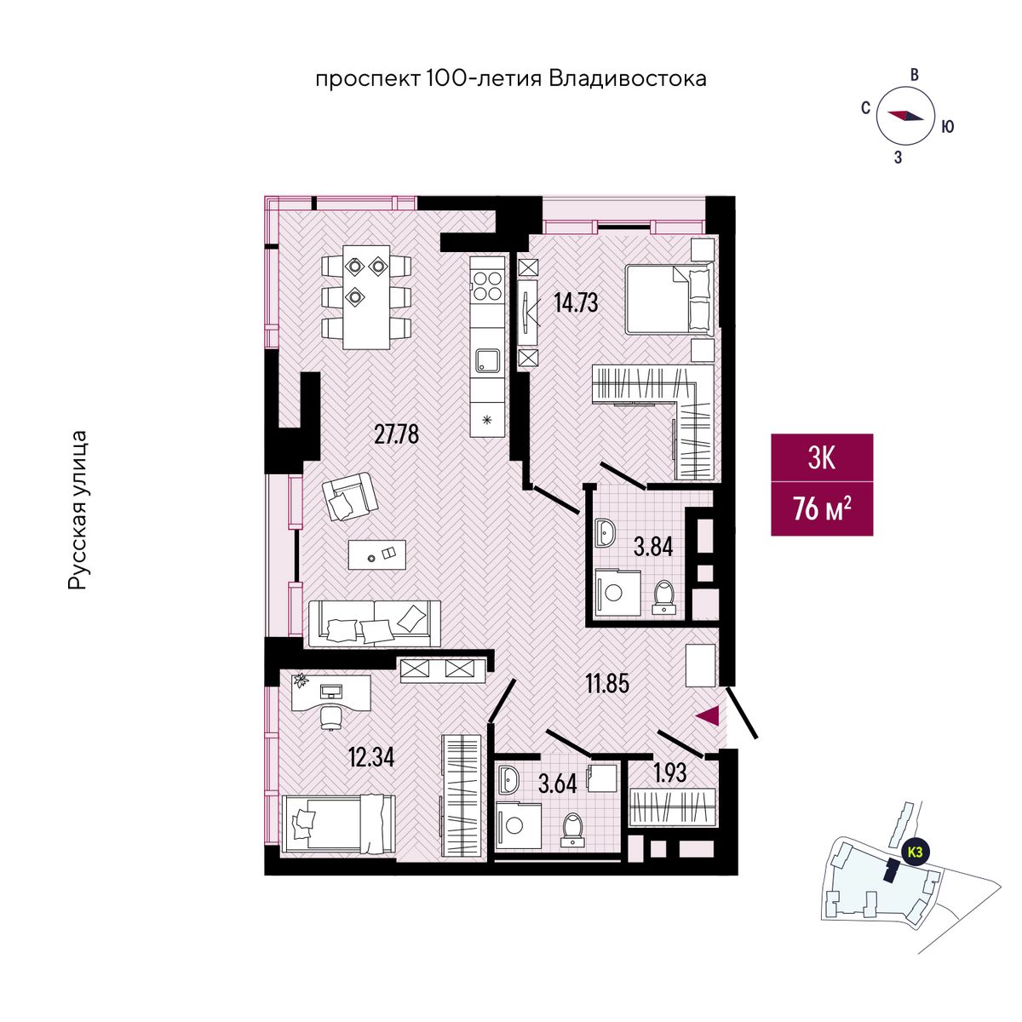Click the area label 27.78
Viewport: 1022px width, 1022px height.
click(396, 435)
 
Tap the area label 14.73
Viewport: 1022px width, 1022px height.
click(576, 303)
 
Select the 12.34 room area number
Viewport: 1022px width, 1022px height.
click(371, 757)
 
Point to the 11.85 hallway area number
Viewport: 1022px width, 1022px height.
click(607, 684)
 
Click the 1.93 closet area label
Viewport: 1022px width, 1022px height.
click(670, 772)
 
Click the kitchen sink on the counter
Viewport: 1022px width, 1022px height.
click(487, 361)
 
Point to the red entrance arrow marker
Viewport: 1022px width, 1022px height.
click(708, 716)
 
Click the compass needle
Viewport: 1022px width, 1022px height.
click(907, 115)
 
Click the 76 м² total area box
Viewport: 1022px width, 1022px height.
click(822, 509)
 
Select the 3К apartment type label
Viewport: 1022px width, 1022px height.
click(822, 458)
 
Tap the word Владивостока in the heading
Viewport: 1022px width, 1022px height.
click(628, 79)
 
